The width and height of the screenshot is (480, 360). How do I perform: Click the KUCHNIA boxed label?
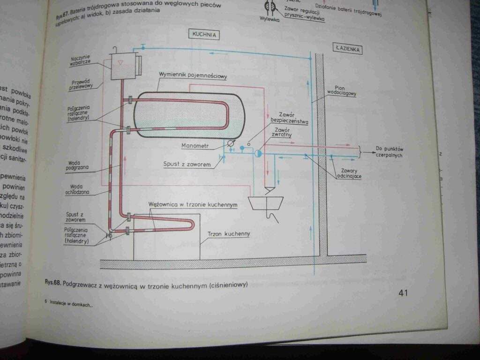pyautogui.click(x=204, y=34)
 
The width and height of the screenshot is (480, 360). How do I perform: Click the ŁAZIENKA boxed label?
pyautogui.click(x=347, y=48)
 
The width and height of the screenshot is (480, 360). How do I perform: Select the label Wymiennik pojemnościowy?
pyautogui.click(x=193, y=75)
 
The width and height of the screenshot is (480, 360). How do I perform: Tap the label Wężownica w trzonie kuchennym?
pyautogui.click(x=192, y=205)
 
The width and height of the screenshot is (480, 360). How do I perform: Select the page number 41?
pyautogui.click(x=404, y=293)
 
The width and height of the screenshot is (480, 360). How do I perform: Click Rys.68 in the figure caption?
pyautogui.click(x=52, y=283)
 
